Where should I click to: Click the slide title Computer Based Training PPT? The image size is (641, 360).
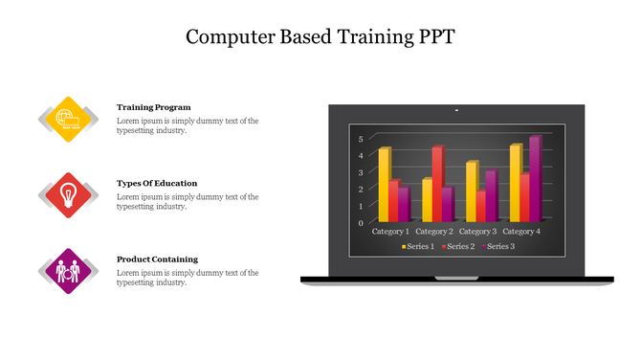point(320,37)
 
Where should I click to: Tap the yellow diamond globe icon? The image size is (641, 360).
point(67,119)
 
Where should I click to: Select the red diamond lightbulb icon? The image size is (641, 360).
point(67,194)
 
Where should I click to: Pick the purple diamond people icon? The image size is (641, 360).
point(67,271)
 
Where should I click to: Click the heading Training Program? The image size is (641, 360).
point(154,107)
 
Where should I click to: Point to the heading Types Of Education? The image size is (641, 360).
point(157,183)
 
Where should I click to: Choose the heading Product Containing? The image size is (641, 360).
point(157,259)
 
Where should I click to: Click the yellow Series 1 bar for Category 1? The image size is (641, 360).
point(384,185)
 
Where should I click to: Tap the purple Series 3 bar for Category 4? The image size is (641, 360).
point(534,179)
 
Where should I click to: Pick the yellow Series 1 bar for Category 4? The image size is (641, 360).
point(515,183)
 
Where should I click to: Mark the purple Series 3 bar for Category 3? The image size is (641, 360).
point(490,196)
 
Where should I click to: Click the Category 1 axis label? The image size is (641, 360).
point(390,232)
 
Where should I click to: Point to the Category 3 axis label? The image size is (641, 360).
point(477,232)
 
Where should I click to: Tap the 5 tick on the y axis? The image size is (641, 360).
point(361,139)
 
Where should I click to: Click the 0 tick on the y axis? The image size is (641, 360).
point(361,222)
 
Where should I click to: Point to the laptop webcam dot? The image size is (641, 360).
point(456,111)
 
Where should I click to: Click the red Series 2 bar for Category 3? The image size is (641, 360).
point(480,206)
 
